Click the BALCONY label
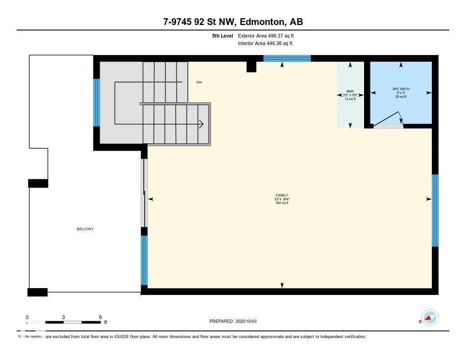(x=85, y=229)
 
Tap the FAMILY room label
(x=282, y=195)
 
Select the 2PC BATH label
(x=400, y=89)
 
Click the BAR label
(x=350, y=91)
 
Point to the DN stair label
(x=199, y=82)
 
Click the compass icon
(x=430, y=317)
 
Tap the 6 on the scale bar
(x=100, y=317)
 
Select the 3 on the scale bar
(x=64, y=317)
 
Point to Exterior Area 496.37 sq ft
(x=265, y=35)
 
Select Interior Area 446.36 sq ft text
(x=265, y=44)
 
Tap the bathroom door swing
(x=389, y=119)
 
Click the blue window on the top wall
(x=287, y=58)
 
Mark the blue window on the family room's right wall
(x=435, y=210)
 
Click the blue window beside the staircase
(x=96, y=102)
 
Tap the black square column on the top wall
(x=252, y=66)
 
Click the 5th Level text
(x=223, y=35)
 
